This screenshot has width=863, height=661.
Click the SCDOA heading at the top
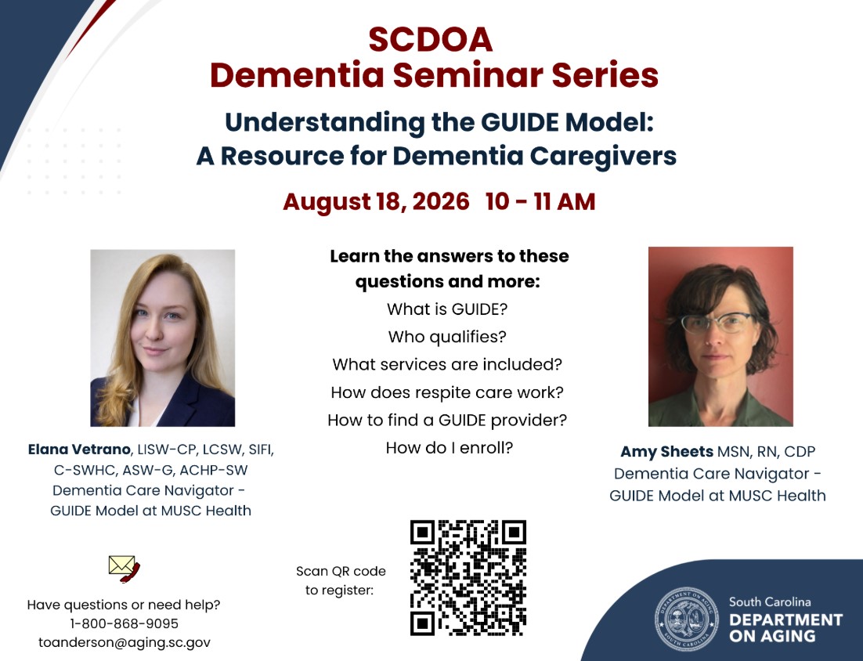click(431, 40)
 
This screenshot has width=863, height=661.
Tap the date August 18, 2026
click(376, 201)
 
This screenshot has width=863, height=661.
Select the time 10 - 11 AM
click(540, 201)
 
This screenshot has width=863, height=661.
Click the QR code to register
click(468, 578)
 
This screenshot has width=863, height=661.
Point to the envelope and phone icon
click(125, 569)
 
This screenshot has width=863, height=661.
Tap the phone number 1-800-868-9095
click(125, 623)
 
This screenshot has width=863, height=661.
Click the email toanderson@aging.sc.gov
click(125, 642)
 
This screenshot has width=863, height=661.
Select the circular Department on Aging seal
click(686, 619)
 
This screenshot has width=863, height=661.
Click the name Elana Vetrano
click(79, 450)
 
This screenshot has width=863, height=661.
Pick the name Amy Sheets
click(666, 452)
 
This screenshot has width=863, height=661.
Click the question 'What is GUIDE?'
click(447, 309)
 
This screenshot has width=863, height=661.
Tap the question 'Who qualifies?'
click(447, 337)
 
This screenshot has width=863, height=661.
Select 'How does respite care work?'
click(447, 392)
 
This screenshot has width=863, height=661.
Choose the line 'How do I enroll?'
click(449, 448)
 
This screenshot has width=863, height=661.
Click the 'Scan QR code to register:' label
click(341, 580)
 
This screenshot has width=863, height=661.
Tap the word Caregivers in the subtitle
click(603, 157)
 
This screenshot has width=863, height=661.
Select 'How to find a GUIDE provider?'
click(447, 421)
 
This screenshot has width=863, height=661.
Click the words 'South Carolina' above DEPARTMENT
click(770, 602)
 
